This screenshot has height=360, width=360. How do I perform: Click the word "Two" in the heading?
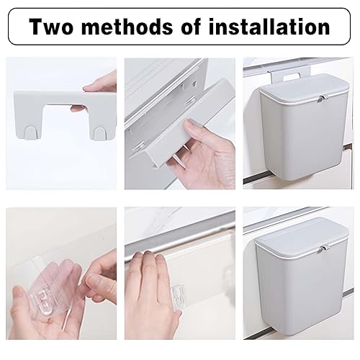(x=51, y=27)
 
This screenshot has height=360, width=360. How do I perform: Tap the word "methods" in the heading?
(x=127, y=27)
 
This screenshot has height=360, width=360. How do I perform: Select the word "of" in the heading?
(x=191, y=27)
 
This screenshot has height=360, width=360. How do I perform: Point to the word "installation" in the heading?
(x=269, y=27)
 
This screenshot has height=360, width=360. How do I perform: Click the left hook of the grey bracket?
(x=31, y=132)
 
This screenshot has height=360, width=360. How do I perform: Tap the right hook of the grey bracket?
(x=99, y=133)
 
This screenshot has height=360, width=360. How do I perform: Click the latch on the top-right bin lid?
(x=322, y=99)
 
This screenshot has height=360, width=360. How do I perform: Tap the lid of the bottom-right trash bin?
(x=302, y=236)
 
